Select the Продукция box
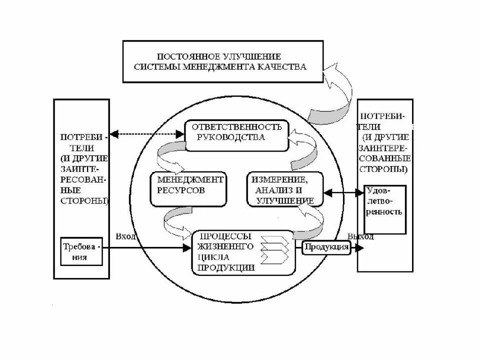[326, 247]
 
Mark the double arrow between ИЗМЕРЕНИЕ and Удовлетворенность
[343, 191]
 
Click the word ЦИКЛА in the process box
[213, 257]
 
